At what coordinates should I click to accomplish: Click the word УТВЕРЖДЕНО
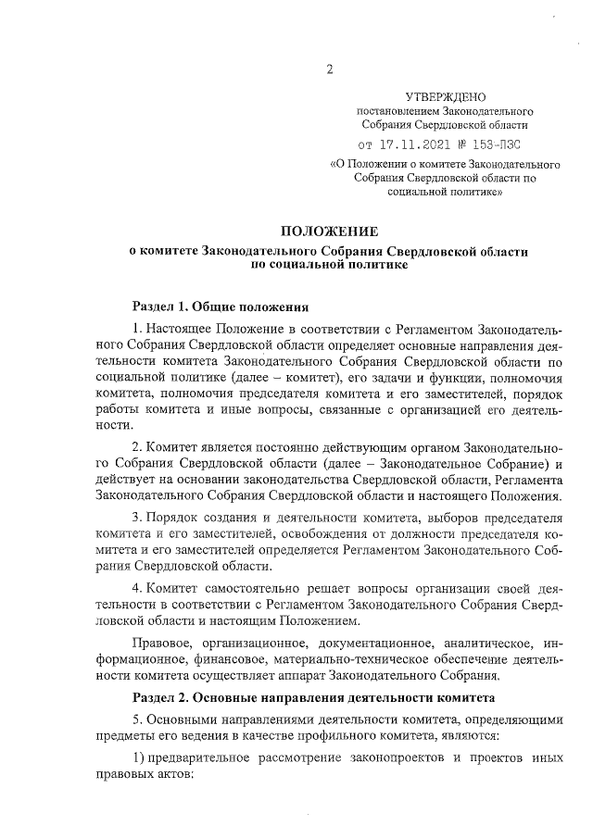(445, 96)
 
